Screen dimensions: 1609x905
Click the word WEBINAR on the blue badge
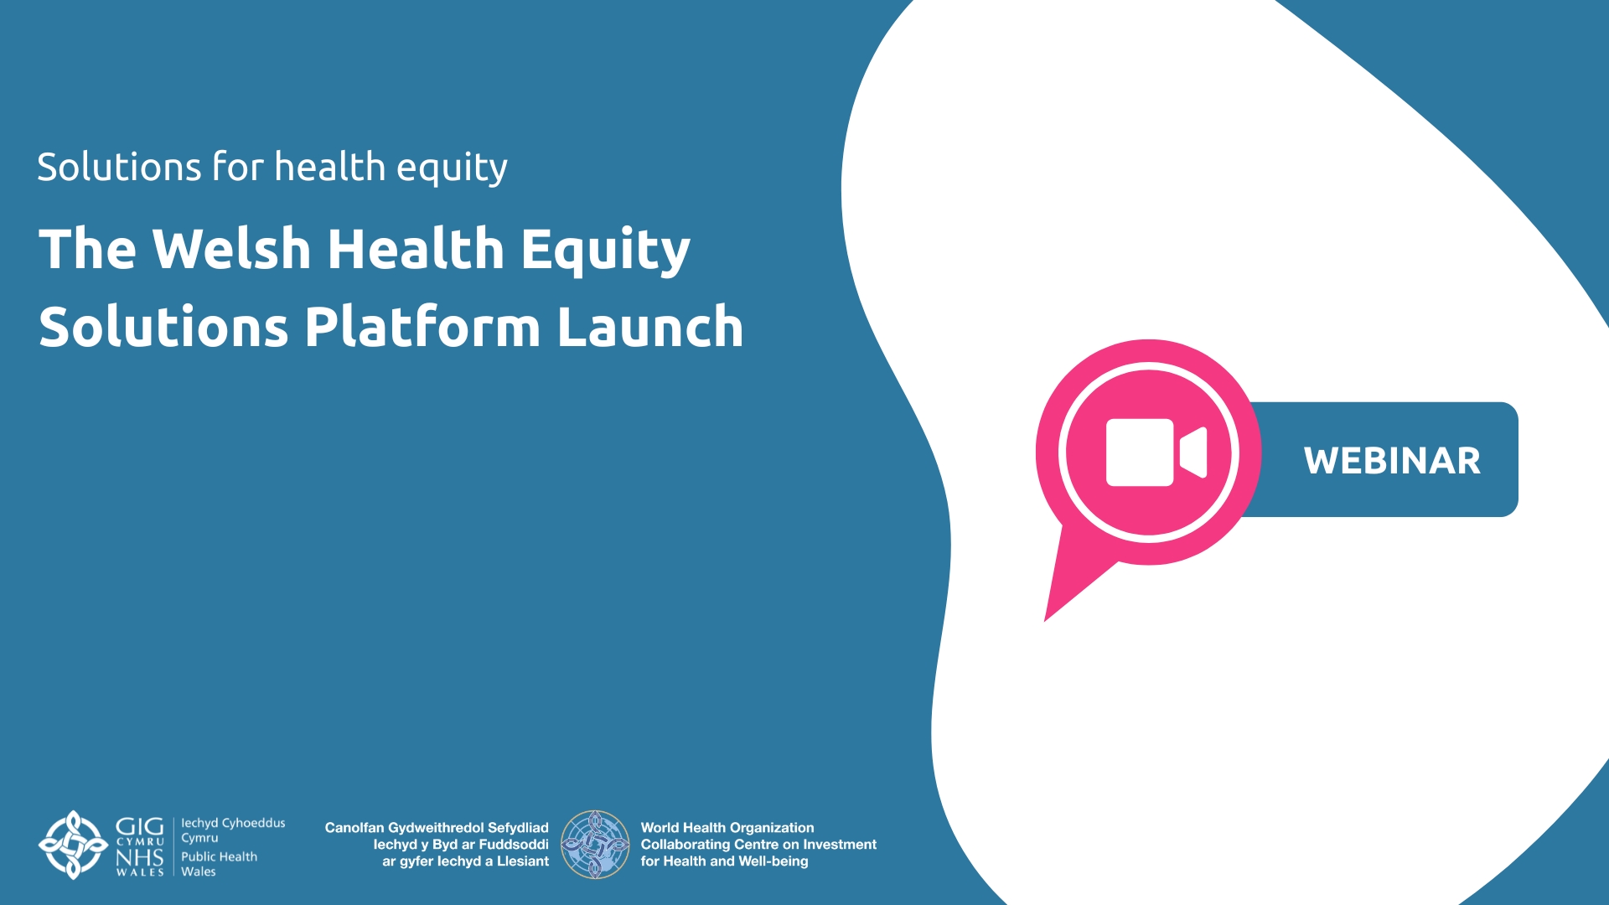pos(1392,461)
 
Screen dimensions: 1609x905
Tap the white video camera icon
pos(1156,452)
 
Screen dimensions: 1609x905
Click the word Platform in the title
pos(422,326)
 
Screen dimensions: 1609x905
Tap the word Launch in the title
pos(650,326)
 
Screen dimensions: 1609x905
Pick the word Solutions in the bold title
pos(163,327)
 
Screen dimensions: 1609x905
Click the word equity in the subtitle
pos(452,168)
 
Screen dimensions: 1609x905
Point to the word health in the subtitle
pos(329,166)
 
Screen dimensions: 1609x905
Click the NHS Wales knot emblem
pos(74,845)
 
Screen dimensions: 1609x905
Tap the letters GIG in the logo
pos(139,826)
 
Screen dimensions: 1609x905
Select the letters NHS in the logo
pos(139,858)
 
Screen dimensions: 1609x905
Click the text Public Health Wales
pos(219,864)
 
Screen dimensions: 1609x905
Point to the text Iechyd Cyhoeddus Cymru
pos(233,830)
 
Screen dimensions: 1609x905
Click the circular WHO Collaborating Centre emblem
pos(595,845)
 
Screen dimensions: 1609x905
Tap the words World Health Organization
pos(727,828)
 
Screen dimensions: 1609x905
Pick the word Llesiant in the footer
pos(523,861)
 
